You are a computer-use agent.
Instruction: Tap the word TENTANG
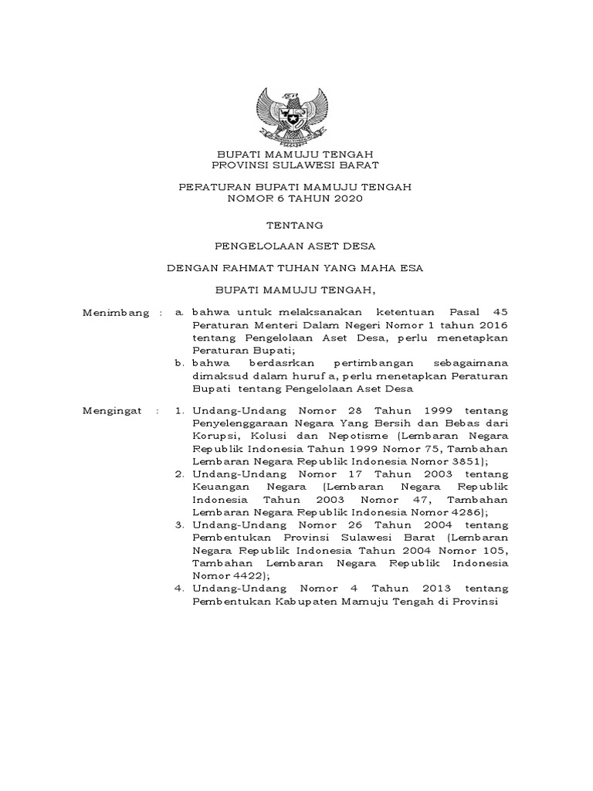coord(295,226)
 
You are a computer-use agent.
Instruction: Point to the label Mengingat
coord(112,411)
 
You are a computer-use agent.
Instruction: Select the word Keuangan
coord(222,487)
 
